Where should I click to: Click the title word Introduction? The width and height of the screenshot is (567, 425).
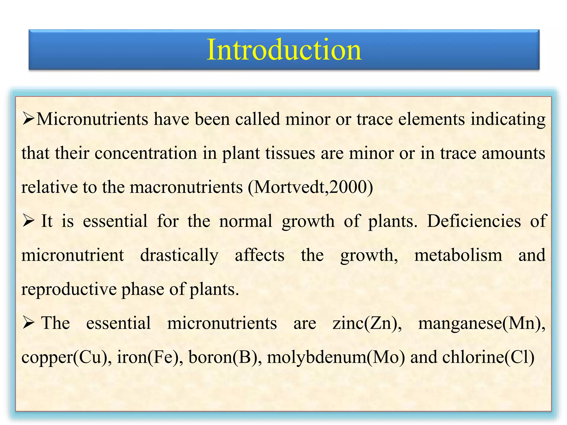284,50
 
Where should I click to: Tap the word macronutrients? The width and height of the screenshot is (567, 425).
186,187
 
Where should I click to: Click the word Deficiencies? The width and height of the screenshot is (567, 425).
474,221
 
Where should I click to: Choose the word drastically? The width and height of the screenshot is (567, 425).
179,255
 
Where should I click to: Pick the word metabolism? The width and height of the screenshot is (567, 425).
458,255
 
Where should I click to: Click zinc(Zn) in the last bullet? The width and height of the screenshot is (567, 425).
367,323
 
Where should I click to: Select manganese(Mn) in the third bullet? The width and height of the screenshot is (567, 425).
481,323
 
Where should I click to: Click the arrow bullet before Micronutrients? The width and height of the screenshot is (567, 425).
28,120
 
